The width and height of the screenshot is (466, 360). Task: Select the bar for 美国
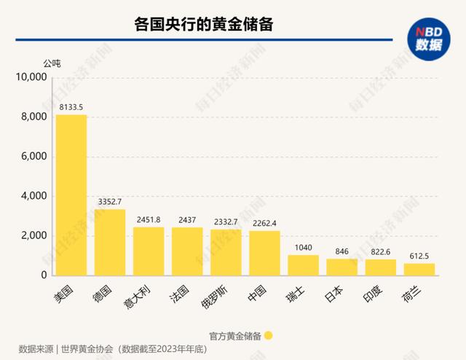tap(71, 195)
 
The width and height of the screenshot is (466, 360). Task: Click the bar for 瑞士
tap(304, 265)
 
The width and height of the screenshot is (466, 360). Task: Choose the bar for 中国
tap(265, 253)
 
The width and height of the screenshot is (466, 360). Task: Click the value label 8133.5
tap(71, 107)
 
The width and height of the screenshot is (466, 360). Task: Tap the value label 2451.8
tap(149, 219)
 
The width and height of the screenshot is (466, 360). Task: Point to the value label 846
tap(342, 251)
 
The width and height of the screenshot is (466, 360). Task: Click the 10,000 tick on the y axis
tap(31, 78)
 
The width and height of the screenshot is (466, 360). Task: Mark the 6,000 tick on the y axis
tap(33, 157)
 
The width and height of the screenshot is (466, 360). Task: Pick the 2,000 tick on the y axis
tap(33, 236)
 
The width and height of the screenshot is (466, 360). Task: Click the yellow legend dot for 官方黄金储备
tap(269, 335)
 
